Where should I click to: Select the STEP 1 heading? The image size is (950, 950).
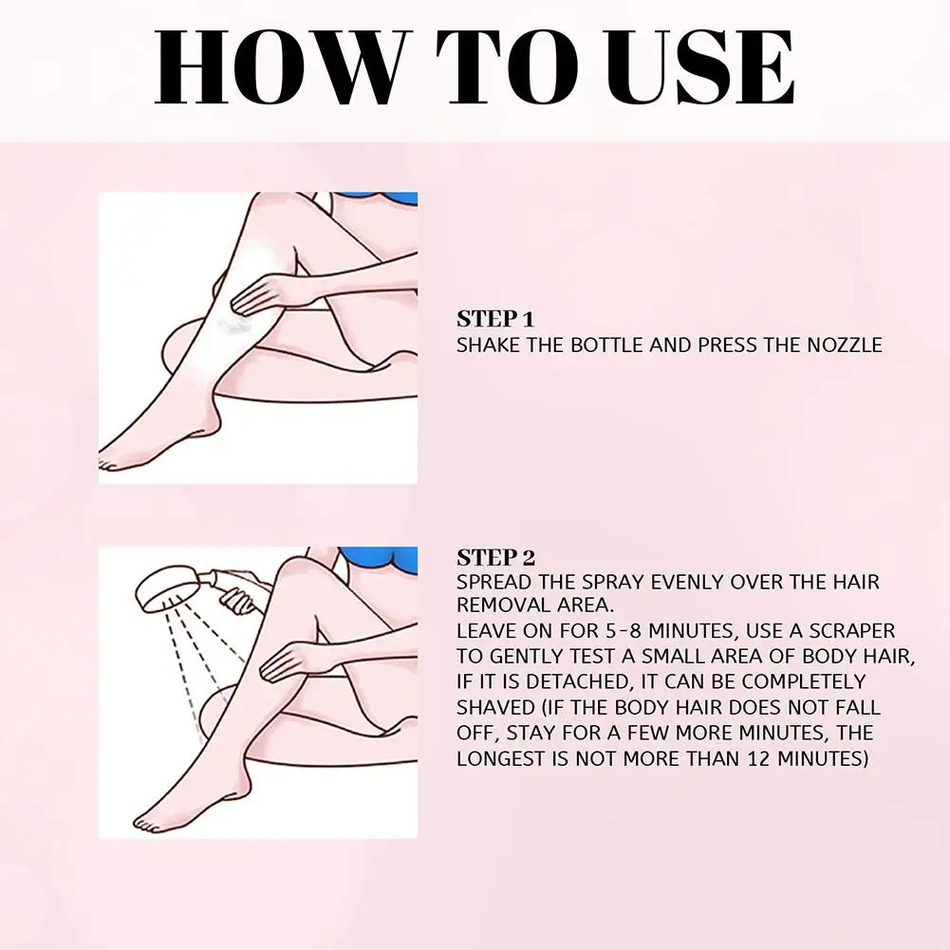(495, 319)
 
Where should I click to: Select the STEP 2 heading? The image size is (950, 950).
(495, 557)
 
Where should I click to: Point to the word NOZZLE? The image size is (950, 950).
(845, 345)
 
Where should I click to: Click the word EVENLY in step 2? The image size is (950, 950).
(687, 582)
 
